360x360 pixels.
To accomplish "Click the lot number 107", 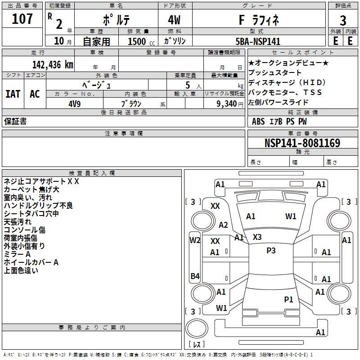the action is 23,19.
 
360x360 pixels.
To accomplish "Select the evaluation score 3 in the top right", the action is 343,20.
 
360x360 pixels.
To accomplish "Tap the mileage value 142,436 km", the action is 52,64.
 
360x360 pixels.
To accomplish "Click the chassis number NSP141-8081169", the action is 302,143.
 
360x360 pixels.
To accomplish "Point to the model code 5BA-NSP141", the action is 258,41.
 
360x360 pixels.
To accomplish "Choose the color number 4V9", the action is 75,103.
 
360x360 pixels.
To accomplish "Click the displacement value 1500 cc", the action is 137,41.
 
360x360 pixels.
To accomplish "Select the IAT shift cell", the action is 13,94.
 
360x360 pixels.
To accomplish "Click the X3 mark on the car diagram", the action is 257,237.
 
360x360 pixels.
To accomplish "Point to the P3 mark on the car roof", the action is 270,251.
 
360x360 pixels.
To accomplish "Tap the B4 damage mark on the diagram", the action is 195,276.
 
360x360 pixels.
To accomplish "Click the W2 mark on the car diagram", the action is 195,240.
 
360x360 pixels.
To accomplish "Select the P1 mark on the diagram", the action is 288,299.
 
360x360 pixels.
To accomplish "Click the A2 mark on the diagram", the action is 223,225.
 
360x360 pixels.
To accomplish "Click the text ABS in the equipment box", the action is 258,121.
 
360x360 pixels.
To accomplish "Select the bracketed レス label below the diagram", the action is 197,345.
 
